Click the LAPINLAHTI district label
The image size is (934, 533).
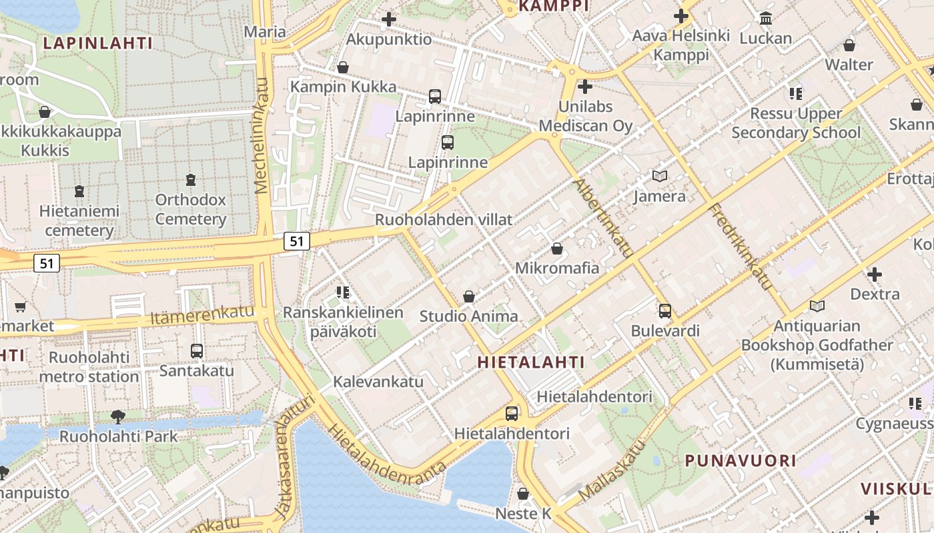tap(98, 43)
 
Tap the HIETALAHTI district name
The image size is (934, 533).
tap(531, 362)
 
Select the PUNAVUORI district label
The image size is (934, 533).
tap(741, 460)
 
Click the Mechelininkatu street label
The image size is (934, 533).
tap(262, 136)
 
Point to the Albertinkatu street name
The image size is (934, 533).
tap(602, 218)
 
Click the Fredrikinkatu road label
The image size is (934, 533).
tap(741, 247)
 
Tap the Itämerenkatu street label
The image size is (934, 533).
tap(203, 315)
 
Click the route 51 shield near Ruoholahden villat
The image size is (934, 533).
tap(297, 241)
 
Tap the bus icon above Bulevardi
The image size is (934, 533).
tap(664, 310)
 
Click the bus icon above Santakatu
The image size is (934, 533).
tap(196, 350)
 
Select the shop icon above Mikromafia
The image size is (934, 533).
tap(557, 249)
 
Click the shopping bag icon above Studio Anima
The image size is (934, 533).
tap(469, 296)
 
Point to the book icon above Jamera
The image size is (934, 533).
tap(659, 177)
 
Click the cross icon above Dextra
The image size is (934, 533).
tap(874, 274)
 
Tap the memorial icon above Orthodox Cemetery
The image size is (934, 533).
tap(191, 180)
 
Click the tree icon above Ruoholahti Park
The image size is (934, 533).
tap(117, 417)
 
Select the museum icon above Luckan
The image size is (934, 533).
tap(766, 18)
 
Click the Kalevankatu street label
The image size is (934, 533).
tap(378, 382)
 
